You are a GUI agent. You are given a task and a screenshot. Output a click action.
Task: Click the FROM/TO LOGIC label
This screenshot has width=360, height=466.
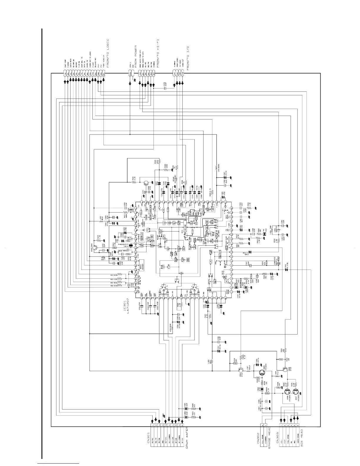pos(108,53)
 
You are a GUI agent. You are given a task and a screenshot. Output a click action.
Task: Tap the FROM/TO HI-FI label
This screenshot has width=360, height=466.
pos(158,56)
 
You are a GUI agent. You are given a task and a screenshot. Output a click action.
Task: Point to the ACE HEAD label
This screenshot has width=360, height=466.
pos(301,438)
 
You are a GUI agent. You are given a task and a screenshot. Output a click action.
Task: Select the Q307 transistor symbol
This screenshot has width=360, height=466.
pos(296,392)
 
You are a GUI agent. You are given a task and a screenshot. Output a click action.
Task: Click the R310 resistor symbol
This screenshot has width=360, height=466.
pos(134,182)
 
